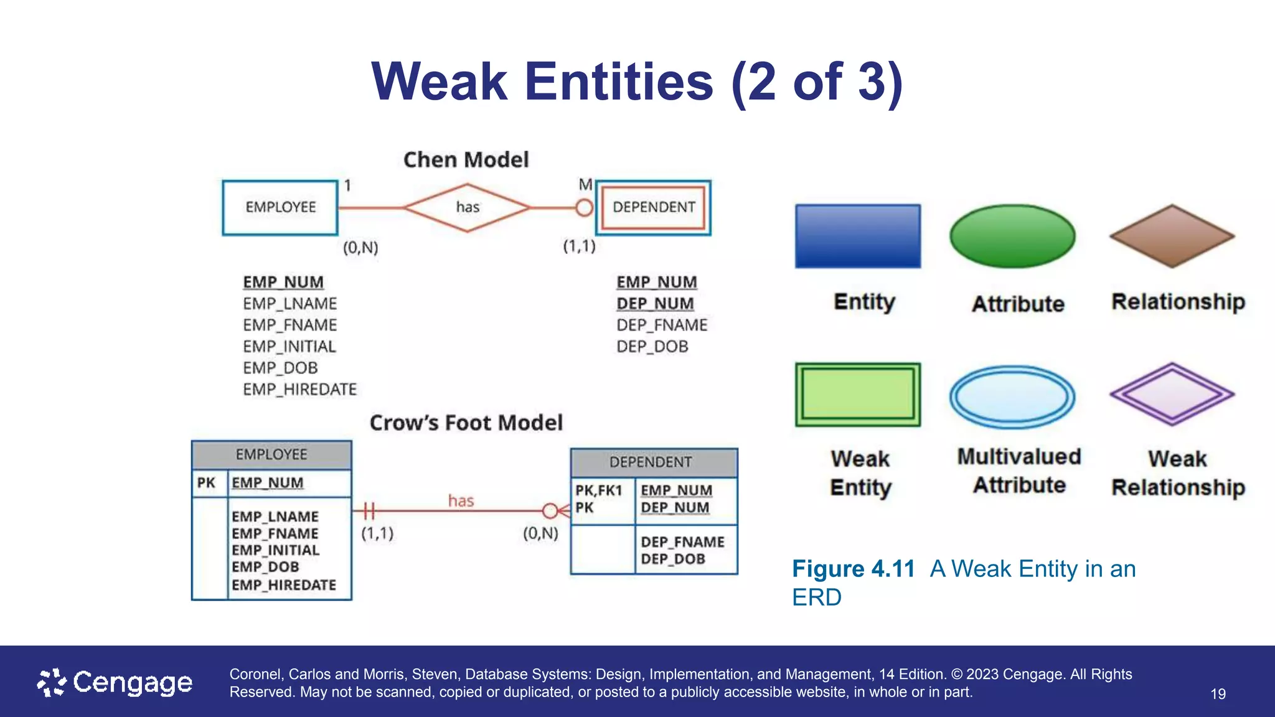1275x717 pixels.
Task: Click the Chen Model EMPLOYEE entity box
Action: pyautogui.click(x=280, y=207)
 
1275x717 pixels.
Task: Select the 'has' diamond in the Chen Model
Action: pyautogui.click(x=467, y=207)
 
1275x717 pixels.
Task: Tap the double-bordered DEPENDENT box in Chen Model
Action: pyautogui.click(x=654, y=207)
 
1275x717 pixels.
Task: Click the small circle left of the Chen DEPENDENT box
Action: pyautogui.click(x=584, y=207)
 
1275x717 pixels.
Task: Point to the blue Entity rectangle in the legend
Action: pyautogui.click(x=858, y=237)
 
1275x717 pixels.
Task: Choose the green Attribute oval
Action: pyautogui.click(x=1012, y=237)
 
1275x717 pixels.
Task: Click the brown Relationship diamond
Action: pyautogui.click(x=1172, y=237)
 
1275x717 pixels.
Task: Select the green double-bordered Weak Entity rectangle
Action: pyautogui.click(x=858, y=395)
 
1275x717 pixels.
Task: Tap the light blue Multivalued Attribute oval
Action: pyautogui.click(x=1012, y=396)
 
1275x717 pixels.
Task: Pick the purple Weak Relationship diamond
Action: pyautogui.click(x=1172, y=395)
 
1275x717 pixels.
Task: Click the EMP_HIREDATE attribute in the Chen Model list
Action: pyautogui.click(x=299, y=390)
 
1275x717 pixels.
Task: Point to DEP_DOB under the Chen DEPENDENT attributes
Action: pyautogui.click(x=652, y=347)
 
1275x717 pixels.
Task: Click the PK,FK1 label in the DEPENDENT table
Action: pyautogui.click(x=598, y=490)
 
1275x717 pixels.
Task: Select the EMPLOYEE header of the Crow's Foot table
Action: pyautogui.click(x=271, y=455)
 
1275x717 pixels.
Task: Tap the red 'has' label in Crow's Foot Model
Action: pyautogui.click(x=461, y=501)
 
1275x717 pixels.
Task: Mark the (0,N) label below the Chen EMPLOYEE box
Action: pyautogui.click(x=360, y=248)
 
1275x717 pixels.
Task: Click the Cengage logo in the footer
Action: pyautogui.click(x=115, y=683)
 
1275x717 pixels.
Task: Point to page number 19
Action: pyautogui.click(x=1218, y=694)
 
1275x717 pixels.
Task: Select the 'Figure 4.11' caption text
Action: pyautogui.click(x=853, y=569)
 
